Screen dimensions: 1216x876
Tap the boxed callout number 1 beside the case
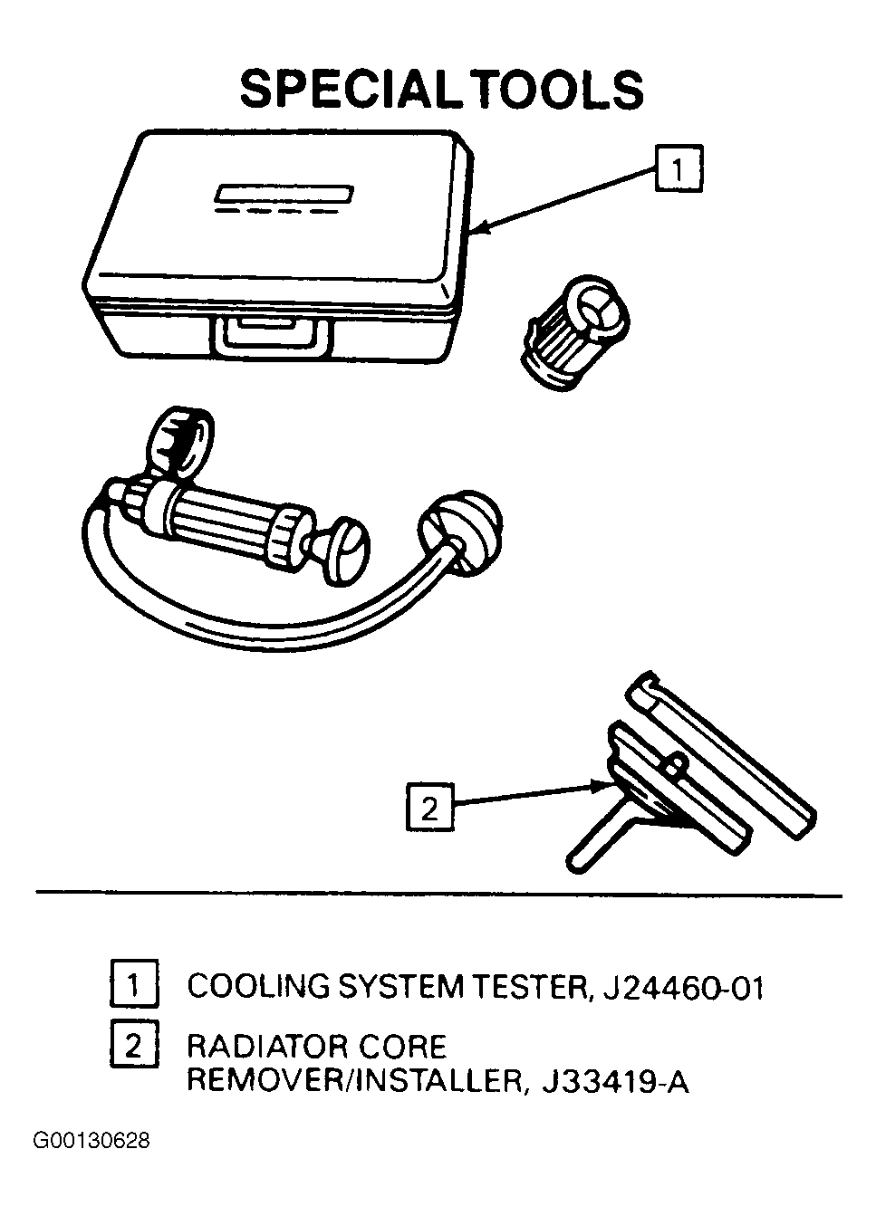pos(679,168)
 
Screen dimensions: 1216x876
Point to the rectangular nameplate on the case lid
pos(284,191)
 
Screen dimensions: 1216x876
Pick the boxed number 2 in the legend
pos(133,1047)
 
